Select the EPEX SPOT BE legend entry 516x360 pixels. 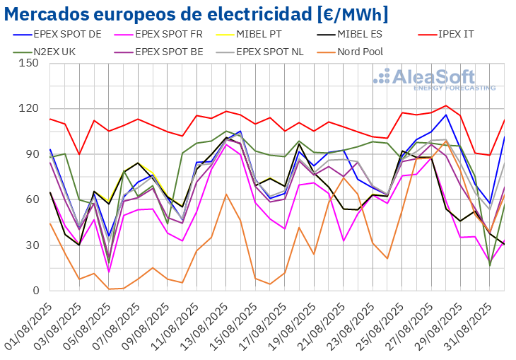[x=169, y=51]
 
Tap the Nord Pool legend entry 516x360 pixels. [x=371, y=51]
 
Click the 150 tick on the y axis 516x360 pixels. [x=29, y=63]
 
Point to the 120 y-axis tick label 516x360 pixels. [x=29, y=108]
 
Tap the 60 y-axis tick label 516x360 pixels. [x=32, y=199]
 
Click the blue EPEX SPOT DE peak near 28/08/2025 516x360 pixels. [x=446, y=115]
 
